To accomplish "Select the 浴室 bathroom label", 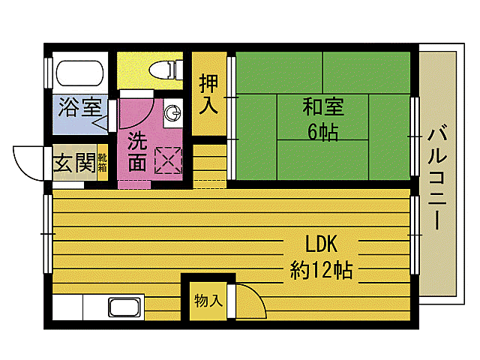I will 79,107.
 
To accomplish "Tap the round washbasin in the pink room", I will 173,113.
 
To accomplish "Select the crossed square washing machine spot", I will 169,159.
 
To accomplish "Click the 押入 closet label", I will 208,94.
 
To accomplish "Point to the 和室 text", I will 323,107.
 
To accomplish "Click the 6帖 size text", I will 322,133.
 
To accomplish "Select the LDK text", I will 322,244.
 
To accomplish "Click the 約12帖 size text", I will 322,269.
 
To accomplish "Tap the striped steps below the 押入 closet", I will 210,163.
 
